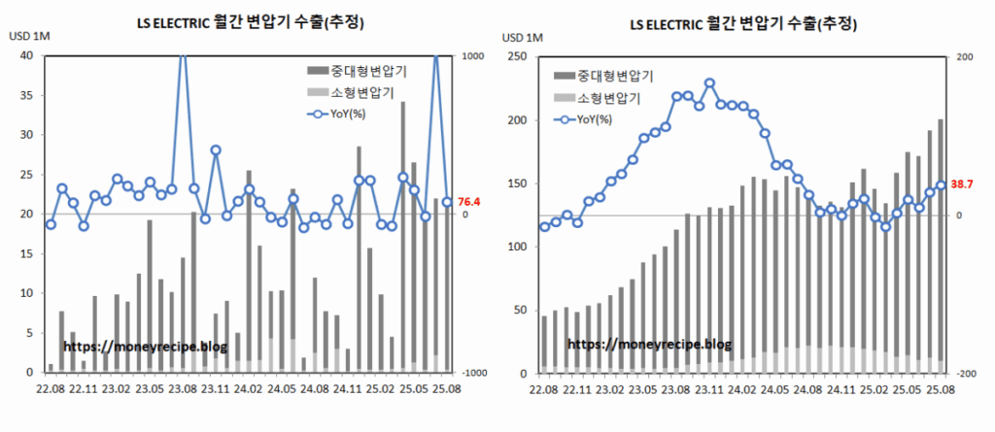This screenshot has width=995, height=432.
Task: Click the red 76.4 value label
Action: coord(469,202)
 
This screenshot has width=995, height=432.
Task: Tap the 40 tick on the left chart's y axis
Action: coord(27,56)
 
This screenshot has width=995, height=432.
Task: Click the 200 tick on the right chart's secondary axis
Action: coord(965,56)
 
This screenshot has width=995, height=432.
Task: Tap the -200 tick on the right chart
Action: coord(964,374)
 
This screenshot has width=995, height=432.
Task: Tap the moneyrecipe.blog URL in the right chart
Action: coord(648,344)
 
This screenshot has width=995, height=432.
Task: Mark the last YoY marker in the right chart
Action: coord(941,185)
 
